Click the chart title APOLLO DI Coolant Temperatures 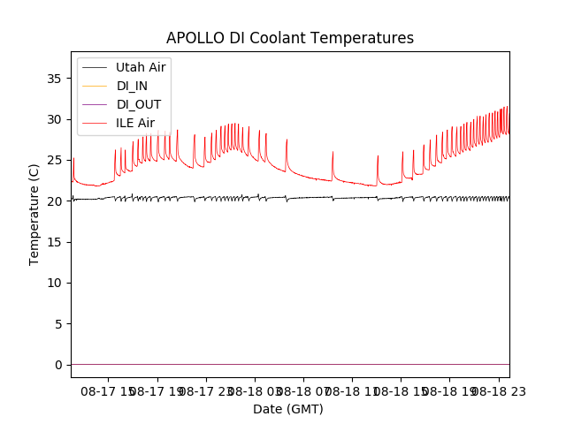[290, 38]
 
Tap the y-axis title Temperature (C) [34, 214]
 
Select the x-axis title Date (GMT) [288, 409]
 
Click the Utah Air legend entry [141, 67]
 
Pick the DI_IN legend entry [134, 86]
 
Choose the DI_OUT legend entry [138, 104]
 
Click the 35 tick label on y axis [54, 79]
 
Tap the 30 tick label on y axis [54, 119]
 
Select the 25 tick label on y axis [54, 160]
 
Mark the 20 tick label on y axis [54, 201]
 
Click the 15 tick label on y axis [54, 242]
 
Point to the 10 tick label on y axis [54, 283]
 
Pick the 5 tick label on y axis [57, 324]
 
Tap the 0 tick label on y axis [57, 365]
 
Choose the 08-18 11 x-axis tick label [351, 390]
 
